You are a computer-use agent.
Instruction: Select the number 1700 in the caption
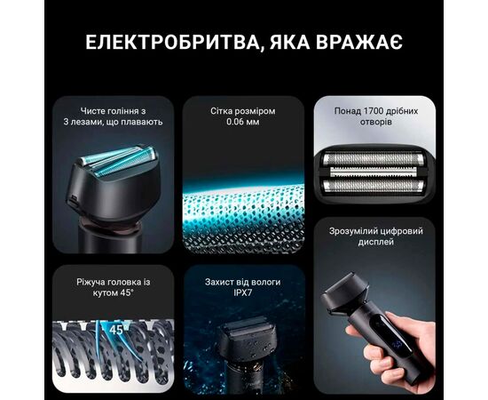[x=382, y=111]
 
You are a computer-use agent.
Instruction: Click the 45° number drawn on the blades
[x=114, y=331]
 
